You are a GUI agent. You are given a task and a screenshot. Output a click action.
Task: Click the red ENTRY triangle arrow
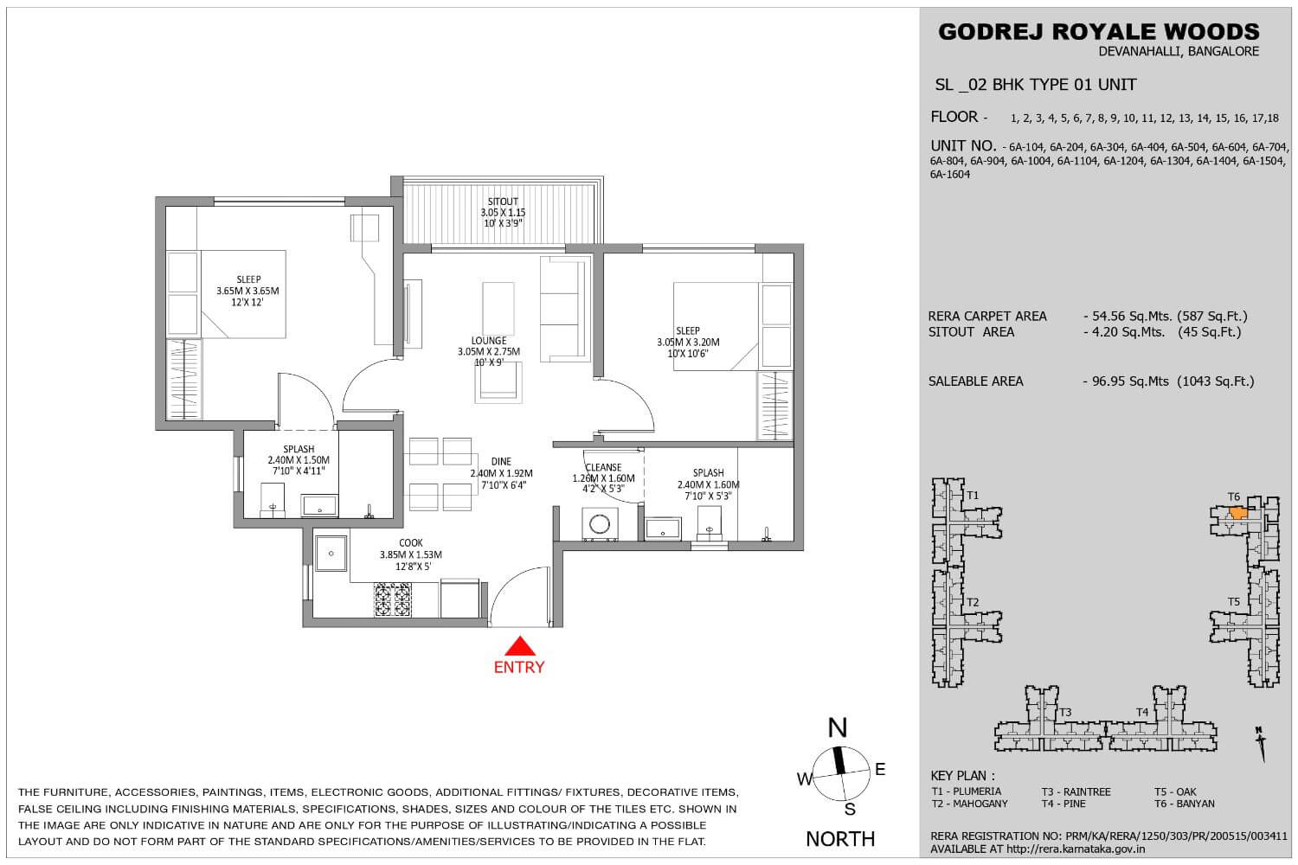(520, 646)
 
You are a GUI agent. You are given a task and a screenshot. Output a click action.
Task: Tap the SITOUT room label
(503, 202)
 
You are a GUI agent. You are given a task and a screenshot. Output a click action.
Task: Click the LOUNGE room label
(489, 341)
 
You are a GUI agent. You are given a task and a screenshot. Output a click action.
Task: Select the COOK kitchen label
(411, 543)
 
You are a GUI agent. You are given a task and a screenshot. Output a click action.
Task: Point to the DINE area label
(501, 462)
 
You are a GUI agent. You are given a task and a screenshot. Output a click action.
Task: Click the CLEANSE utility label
(603, 468)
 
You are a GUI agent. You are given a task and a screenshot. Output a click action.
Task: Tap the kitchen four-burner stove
(392, 599)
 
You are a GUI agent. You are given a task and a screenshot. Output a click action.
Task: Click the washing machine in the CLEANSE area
(599, 524)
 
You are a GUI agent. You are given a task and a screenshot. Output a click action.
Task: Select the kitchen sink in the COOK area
(331, 554)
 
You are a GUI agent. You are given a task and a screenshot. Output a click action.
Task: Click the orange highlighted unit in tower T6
(1237, 513)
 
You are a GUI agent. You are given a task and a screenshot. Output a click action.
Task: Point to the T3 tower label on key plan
(1065, 712)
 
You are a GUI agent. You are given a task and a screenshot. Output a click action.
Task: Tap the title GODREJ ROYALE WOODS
(1099, 31)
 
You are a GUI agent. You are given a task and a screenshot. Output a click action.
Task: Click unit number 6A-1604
(950, 175)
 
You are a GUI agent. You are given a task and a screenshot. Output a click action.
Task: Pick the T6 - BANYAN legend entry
(1185, 804)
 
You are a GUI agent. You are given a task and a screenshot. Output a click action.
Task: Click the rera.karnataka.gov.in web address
(1076, 849)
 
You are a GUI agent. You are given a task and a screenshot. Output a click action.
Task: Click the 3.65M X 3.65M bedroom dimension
(247, 291)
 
